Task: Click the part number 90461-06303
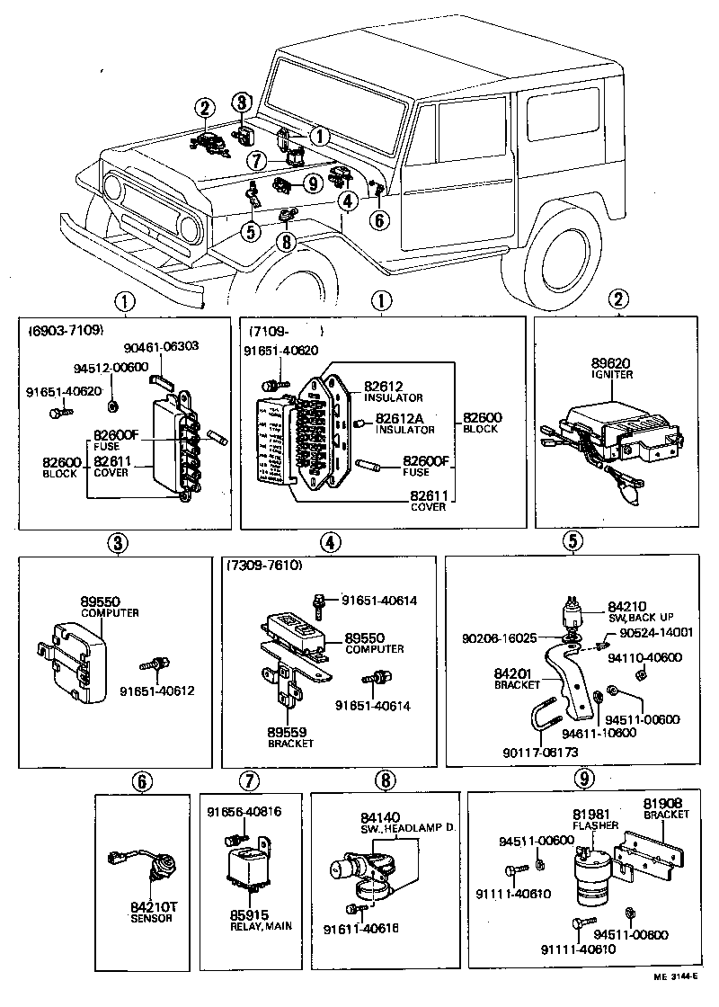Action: point(161,346)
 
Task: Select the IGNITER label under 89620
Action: point(611,374)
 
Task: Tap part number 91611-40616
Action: point(360,928)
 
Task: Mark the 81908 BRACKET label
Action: point(665,807)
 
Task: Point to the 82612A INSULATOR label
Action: point(404,423)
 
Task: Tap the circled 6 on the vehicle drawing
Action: point(380,220)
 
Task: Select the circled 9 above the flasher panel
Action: point(583,778)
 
